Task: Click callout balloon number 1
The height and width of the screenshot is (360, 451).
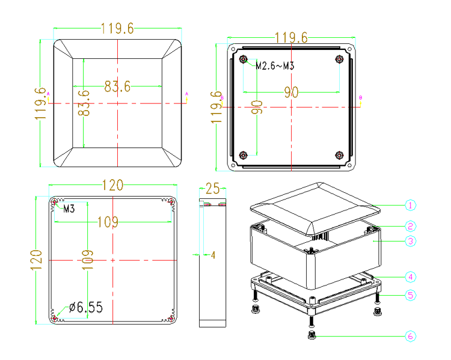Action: (x=410, y=206)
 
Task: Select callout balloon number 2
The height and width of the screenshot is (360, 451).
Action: (x=410, y=227)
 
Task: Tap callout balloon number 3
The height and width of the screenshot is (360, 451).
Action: (x=411, y=241)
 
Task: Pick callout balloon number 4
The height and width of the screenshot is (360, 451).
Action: (x=411, y=277)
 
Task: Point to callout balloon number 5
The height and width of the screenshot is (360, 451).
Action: (x=411, y=295)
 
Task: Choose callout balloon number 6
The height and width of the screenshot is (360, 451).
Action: (x=411, y=336)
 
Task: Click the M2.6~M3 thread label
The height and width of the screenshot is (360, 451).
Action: (x=275, y=66)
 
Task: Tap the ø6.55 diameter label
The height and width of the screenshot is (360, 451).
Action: (x=86, y=307)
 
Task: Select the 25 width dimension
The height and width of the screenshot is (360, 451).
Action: (x=212, y=189)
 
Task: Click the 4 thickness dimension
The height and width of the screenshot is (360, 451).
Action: (x=213, y=255)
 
